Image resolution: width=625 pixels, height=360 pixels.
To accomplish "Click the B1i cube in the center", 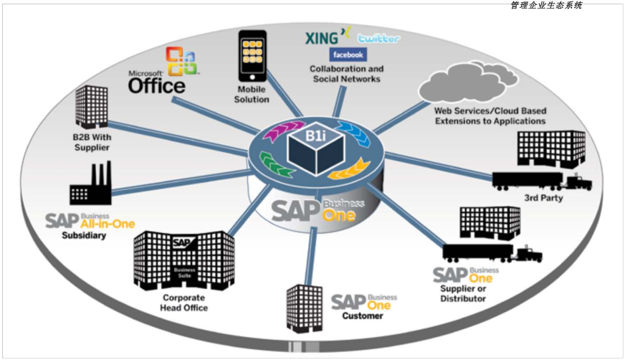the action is coord(316,148).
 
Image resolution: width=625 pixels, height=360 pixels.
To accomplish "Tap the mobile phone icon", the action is coord(252,56).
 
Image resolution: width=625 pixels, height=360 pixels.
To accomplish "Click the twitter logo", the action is coord(378,38).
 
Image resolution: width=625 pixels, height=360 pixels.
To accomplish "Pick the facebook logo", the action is coord(348,55).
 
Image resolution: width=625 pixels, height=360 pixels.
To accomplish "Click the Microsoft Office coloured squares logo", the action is coord(182,61).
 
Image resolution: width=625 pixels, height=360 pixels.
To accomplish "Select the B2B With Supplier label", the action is coord(92,142).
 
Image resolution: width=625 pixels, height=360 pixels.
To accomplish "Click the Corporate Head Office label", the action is coord(183,303).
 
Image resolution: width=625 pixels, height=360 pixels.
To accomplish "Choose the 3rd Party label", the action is coord(543,198).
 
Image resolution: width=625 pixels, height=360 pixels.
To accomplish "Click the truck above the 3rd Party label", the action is coord(542,181).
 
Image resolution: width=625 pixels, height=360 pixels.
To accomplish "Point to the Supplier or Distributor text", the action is coord(463,293).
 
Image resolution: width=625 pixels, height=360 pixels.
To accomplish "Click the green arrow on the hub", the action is coord(275,164).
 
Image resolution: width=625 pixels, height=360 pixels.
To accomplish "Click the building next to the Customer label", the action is coord(305,308).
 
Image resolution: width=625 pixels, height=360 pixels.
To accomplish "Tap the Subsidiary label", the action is coord(84,235).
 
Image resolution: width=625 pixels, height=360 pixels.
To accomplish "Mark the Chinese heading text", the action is coord(546,5).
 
